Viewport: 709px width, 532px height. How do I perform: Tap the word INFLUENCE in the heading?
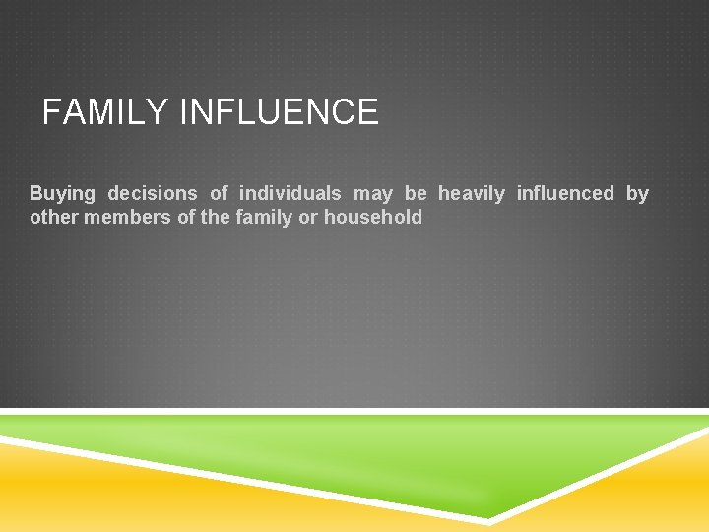(x=279, y=112)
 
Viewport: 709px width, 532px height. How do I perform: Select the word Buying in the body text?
(x=62, y=194)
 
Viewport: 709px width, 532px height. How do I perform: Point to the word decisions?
(x=153, y=194)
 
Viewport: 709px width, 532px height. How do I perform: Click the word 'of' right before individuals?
(x=219, y=194)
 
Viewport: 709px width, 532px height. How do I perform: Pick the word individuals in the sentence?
(x=290, y=194)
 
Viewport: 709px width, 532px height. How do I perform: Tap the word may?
(x=373, y=194)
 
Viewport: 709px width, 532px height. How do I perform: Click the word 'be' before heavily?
(x=416, y=194)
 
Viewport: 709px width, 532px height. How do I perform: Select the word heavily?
(x=472, y=194)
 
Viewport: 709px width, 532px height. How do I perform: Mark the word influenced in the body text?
(x=565, y=194)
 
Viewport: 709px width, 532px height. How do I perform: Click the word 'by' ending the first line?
(x=638, y=194)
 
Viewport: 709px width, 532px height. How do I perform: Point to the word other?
(x=54, y=218)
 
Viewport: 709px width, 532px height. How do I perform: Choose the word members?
(x=127, y=218)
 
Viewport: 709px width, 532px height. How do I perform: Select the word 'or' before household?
(x=308, y=218)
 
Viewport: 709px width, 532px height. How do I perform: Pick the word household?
(x=373, y=218)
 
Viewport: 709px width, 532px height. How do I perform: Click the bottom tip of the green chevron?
(x=489, y=516)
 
